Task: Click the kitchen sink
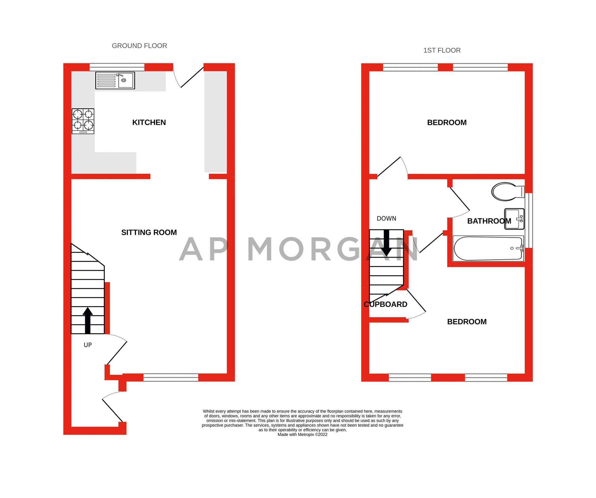click(115, 81)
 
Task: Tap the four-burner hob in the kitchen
click(83, 121)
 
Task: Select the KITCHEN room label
click(149, 123)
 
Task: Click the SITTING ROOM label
click(149, 232)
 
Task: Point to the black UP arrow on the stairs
click(88, 320)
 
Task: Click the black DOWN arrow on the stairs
click(387, 243)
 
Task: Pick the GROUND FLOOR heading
click(139, 46)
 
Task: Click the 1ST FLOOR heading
click(442, 51)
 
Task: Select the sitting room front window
click(170, 377)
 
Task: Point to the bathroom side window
click(529, 221)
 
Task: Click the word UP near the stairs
click(88, 345)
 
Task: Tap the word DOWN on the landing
click(386, 219)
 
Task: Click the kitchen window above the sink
click(117, 67)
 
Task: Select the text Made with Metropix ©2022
click(302, 434)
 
